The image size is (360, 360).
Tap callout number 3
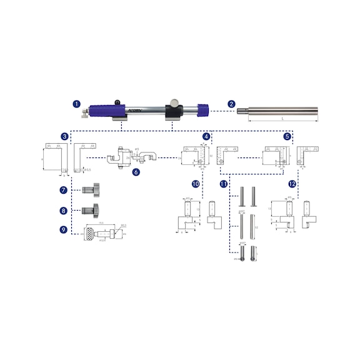click(64, 136)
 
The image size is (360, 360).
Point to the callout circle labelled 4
click(206, 136)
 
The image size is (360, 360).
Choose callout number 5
click(287, 136)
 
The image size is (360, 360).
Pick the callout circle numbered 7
click(64, 189)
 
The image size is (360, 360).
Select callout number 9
click(64, 230)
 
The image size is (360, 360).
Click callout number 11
click(222, 184)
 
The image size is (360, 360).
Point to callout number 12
click(291, 184)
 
